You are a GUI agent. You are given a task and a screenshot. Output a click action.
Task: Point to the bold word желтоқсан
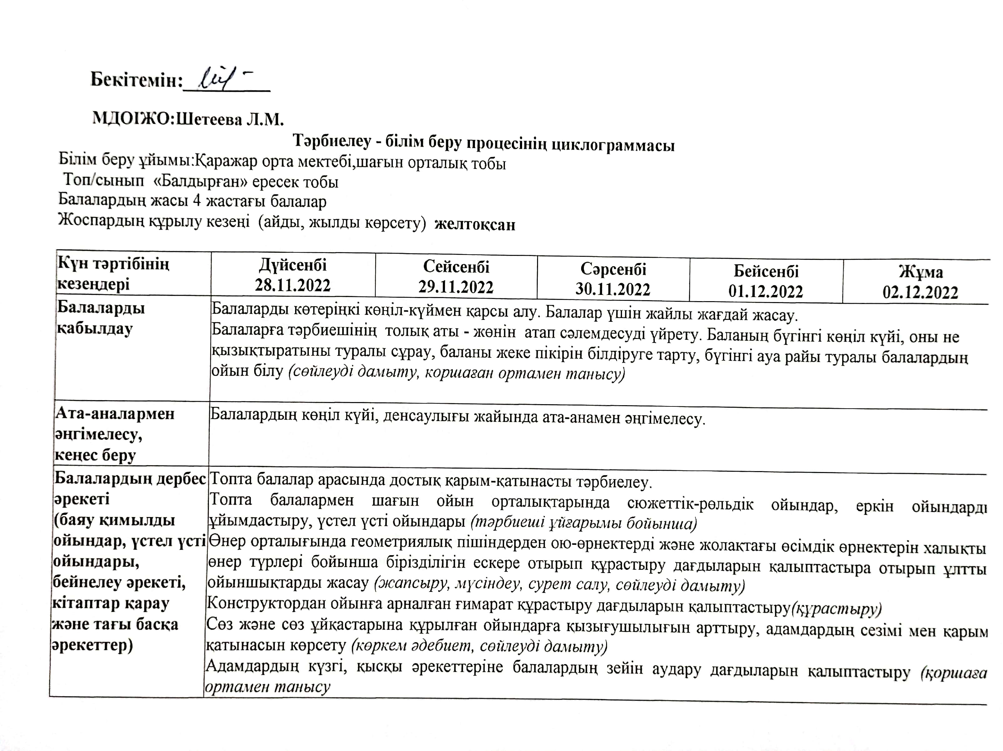(x=475, y=225)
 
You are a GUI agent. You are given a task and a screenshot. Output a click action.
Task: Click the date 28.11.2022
(x=293, y=285)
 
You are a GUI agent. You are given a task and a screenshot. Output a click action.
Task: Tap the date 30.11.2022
(x=613, y=289)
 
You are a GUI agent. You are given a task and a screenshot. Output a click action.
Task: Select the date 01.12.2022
(x=766, y=291)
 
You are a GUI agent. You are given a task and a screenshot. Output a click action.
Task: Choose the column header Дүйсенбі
(x=293, y=265)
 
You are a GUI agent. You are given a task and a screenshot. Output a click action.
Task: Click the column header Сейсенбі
(x=456, y=267)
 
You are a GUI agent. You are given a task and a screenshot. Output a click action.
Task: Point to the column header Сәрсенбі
(x=613, y=269)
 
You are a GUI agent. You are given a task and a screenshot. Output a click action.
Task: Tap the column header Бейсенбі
(x=766, y=271)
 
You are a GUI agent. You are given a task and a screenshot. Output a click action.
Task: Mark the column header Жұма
(x=921, y=272)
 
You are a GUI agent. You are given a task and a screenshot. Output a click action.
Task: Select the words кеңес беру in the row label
(x=95, y=455)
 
